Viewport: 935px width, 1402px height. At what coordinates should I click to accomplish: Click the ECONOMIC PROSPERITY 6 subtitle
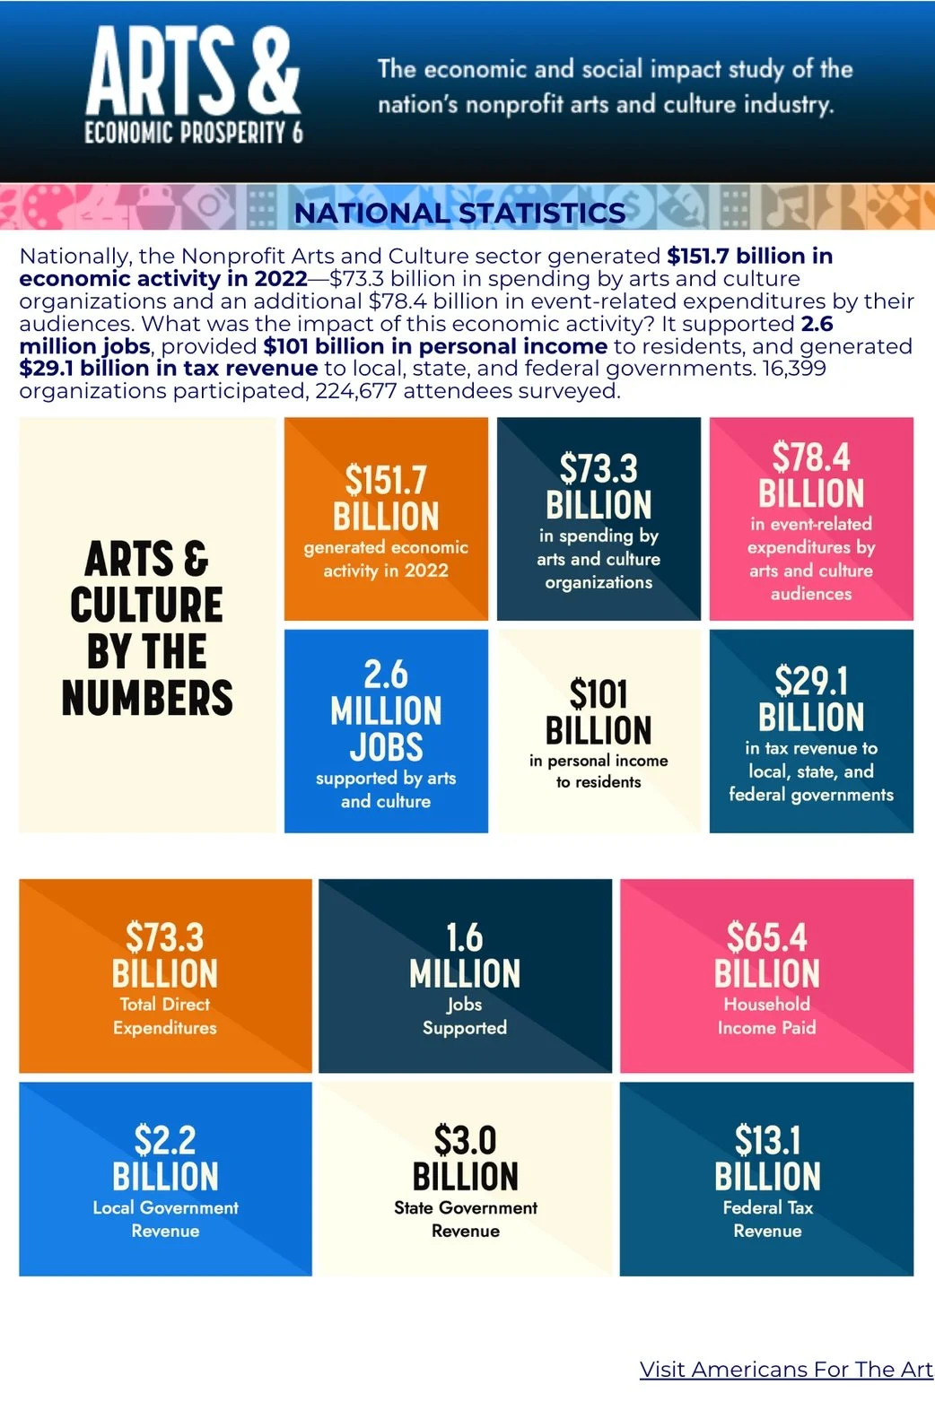point(194,133)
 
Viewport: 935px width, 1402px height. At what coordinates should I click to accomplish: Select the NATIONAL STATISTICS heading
point(459,213)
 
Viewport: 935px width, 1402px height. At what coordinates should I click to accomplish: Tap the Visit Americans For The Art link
point(786,1369)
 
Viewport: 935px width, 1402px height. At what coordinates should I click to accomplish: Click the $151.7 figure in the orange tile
point(386,480)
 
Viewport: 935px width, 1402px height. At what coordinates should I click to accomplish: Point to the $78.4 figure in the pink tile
point(811,457)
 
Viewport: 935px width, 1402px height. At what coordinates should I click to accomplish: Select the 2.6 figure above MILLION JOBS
point(386,674)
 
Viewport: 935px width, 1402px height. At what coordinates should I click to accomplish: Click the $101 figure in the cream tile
point(599,694)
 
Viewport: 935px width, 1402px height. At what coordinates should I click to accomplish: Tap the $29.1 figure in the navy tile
point(811,681)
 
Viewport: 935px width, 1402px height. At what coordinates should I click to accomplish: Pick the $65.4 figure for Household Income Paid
point(767,937)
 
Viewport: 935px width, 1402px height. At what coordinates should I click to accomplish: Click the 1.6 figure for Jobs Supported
point(465,937)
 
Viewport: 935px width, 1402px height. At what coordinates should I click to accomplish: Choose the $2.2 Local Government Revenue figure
point(165,1140)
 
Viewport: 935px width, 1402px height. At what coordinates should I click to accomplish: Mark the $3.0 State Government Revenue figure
point(465,1140)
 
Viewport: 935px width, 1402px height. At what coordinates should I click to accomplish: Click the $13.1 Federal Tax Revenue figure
point(767,1140)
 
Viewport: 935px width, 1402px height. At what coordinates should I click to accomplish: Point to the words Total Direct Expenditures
point(165,1015)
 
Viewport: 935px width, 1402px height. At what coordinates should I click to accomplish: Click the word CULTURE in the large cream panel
point(147,605)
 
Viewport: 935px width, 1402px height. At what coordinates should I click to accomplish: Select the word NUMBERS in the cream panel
point(147,698)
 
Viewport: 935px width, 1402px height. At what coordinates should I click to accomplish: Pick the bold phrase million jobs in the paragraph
point(84,346)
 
